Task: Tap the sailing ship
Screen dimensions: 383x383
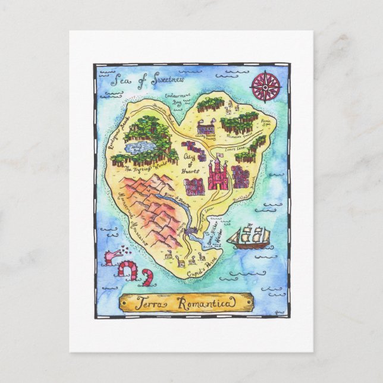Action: (x=249, y=237)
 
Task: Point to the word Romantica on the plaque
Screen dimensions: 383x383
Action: (x=206, y=304)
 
